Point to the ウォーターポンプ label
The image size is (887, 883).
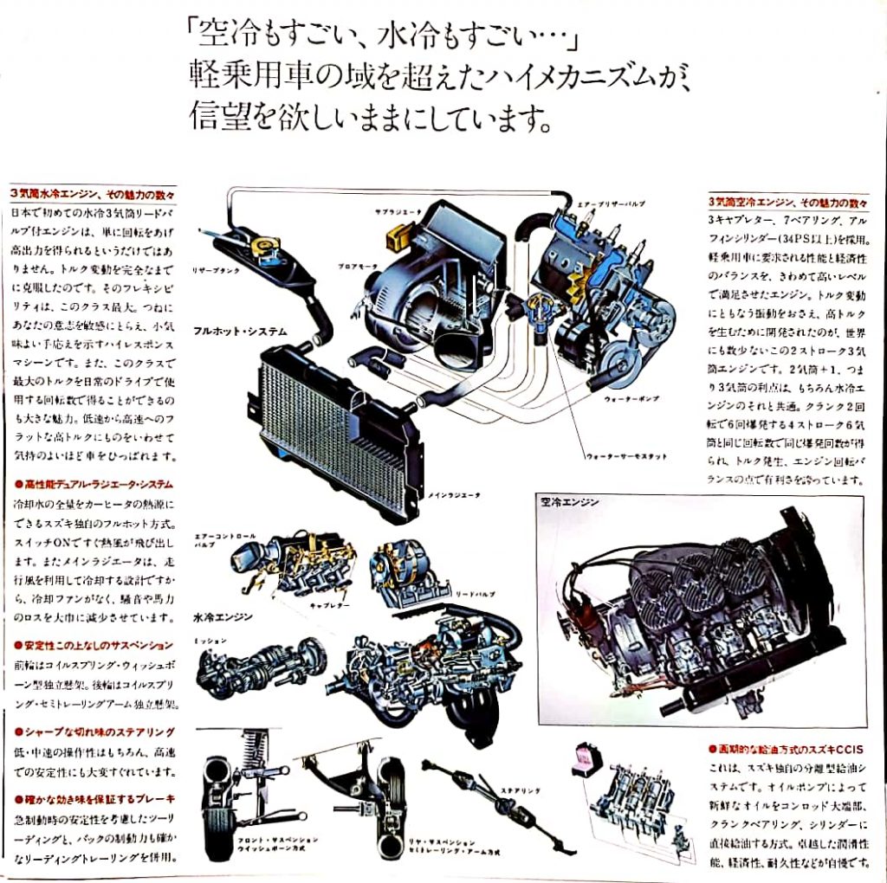point(629,400)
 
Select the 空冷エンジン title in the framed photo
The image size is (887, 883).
point(570,501)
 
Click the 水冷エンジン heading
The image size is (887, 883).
point(223,618)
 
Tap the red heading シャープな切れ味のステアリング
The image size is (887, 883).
point(94,732)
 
